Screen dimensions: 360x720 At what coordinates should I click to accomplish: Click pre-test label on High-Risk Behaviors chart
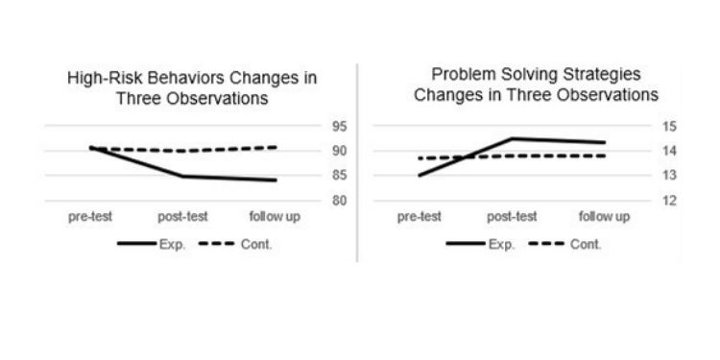pyautogui.click(x=91, y=217)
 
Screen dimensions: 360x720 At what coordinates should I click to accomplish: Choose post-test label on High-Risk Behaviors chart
pyautogui.click(x=181, y=217)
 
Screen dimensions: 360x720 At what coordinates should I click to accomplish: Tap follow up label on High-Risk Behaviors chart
pyautogui.click(x=274, y=217)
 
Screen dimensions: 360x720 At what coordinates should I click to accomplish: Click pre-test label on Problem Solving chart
pyautogui.click(x=420, y=217)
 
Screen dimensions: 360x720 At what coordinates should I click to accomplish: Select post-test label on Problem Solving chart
pyautogui.click(x=511, y=217)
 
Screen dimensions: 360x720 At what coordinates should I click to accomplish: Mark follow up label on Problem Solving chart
pyautogui.click(x=604, y=217)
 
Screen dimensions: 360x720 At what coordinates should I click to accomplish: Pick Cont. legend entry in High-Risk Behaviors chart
pyautogui.click(x=256, y=245)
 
